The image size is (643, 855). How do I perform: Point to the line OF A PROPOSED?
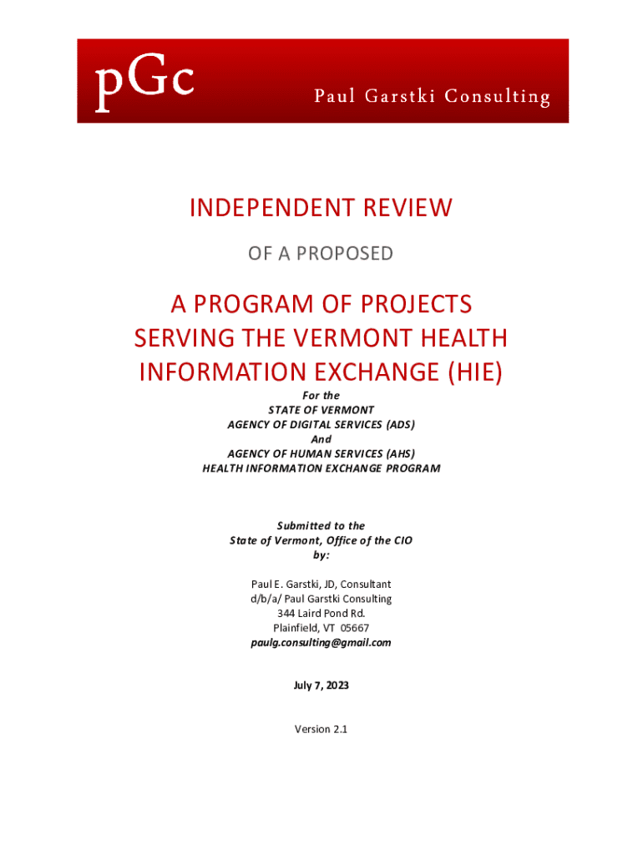pos(321,253)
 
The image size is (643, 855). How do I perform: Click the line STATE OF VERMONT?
pos(321,410)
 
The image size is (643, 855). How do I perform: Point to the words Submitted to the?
pos(321,526)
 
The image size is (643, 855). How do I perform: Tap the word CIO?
pos(401,540)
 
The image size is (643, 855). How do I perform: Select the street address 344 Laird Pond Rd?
pos(321,614)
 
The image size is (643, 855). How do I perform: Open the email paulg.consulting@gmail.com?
pos(321,643)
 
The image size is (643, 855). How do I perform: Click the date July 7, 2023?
pos(321,686)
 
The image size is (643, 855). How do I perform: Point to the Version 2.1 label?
pos(321,729)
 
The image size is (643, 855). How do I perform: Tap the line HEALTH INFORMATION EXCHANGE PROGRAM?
pos(321,468)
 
